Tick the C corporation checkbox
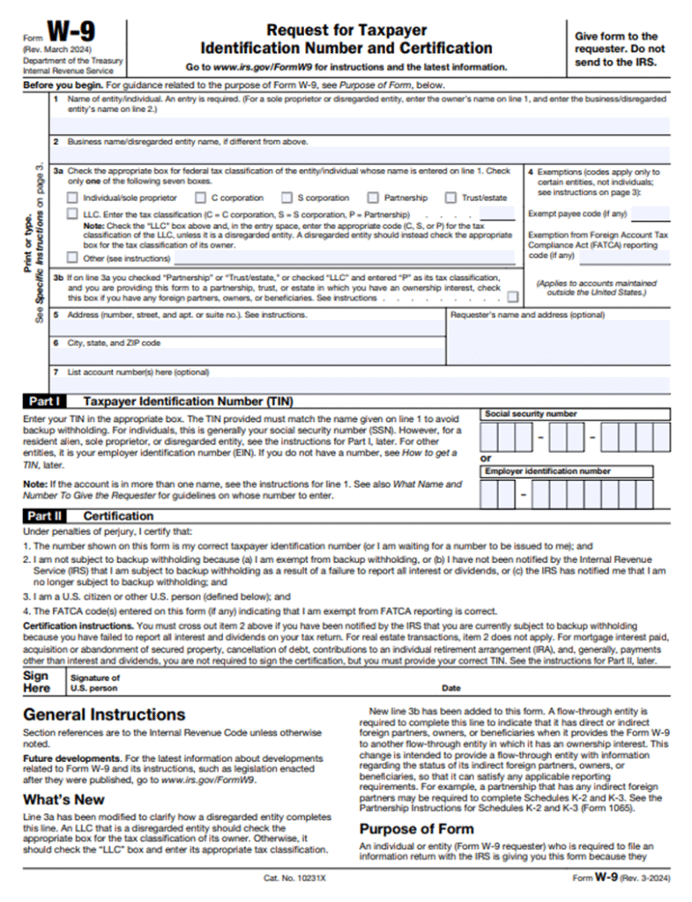pyautogui.click(x=200, y=198)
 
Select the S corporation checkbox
pyautogui.click(x=286, y=198)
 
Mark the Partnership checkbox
pyautogui.click(x=373, y=198)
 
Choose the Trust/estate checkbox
pyautogui.click(x=450, y=198)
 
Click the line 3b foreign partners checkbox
pyautogui.click(x=512, y=297)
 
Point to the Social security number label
pyautogui.click(x=531, y=413)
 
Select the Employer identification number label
pyautogui.click(x=547, y=471)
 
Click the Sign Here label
pyautogui.click(x=36, y=682)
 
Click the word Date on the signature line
pyautogui.click(x=450, y=688)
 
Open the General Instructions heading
pyautogui.click(x=104, y=714)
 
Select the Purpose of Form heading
pyautogui.click(x=416, y=829)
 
